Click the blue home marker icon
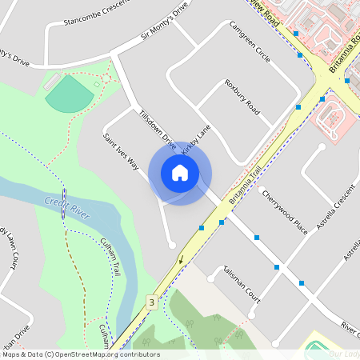click(179, 173)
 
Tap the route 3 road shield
click(151, 302)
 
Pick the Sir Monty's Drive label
click(165, 24)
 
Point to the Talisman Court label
click(242, 281)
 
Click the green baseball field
click(69, 94)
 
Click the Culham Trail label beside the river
click(109, 258)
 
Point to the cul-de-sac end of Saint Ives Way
click(172, 244)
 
